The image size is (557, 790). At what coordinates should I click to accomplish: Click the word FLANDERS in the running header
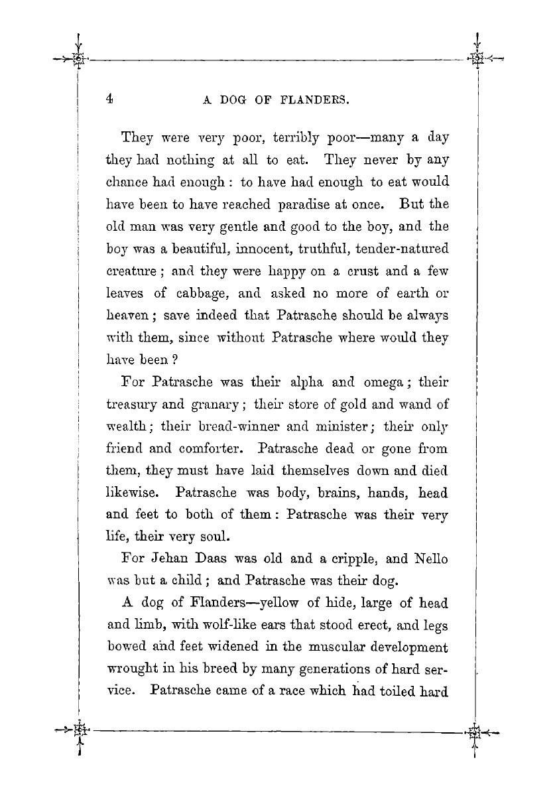click(x=316, y=101)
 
